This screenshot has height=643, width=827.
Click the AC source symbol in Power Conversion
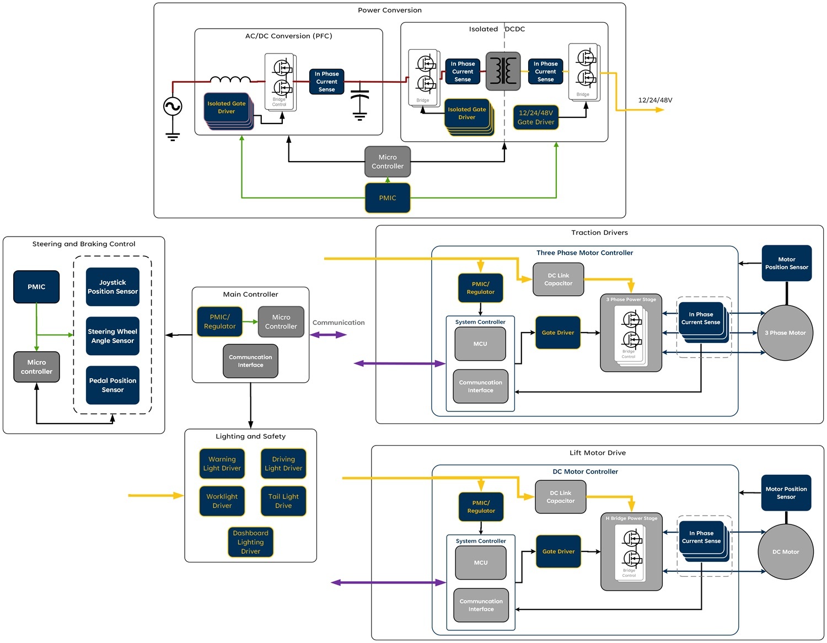tap(173, 106)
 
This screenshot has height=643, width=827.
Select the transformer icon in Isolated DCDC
tap(503, 71)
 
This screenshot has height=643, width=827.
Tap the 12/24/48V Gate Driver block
tap(536, 117)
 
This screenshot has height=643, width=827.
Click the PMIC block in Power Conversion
tap(388, 198)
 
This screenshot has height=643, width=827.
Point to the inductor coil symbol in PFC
tap(230, 79)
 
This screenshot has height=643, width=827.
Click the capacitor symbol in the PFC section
tap(359, 99)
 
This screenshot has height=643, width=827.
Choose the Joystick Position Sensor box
tap(112, 287)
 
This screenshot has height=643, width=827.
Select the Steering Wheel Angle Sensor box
tap(112, 336)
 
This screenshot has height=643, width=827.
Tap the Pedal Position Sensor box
tap(112, 385)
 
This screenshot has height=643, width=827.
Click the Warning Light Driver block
tap(222, 464)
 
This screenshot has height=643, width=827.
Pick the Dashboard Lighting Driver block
tap(251, 542)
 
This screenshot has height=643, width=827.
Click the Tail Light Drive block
tap(283, 501)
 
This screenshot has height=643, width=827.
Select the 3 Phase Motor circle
tap(785, 333)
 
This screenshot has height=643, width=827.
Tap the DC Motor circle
tap(786, 552)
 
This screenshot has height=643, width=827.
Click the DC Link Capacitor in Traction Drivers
tap(559, 280)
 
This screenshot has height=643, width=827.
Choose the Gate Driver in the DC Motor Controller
tap(559, 551)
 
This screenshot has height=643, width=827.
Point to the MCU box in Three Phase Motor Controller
tap(480, 344)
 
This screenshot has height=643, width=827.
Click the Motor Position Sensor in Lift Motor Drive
tap(786, 493)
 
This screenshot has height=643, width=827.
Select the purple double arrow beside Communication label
tap(328, 335)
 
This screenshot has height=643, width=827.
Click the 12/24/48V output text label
tap(655, 100)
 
